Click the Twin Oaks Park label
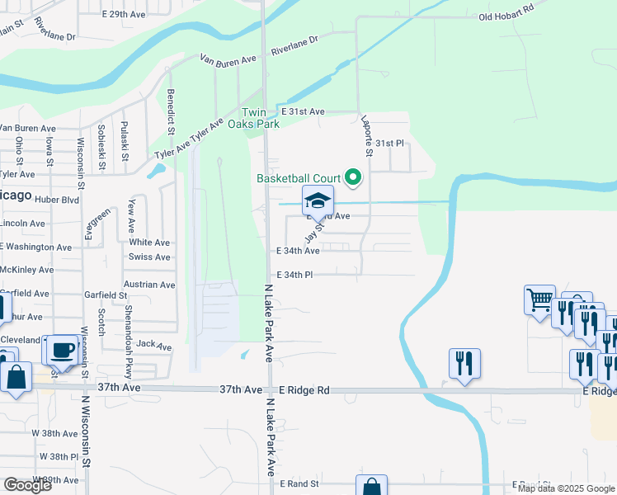tap(260, 118)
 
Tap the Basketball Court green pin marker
tap(354, 177)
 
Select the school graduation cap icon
tap(318, 200)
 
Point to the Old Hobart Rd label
tap(506, 17)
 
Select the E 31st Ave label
tap(302, 111)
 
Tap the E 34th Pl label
tap(294, 275)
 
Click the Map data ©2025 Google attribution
tap(566, 488)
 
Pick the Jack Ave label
tap(153, 346)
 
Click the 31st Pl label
tap(389, 143)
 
